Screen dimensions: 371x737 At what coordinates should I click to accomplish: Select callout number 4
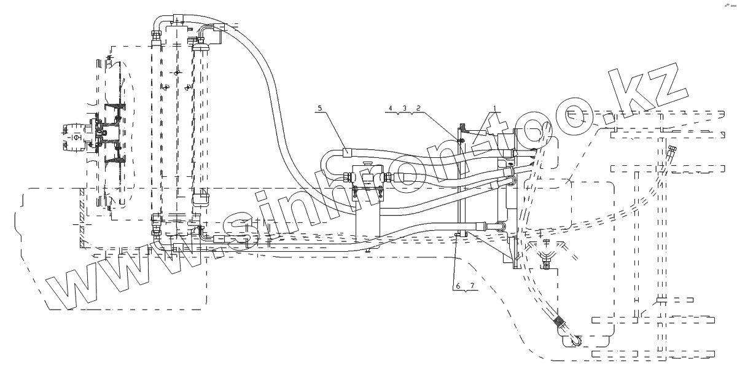pyautogui.click(x=389, y=108)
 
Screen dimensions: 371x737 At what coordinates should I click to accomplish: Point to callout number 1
pyautogui.click(x=494, y=107)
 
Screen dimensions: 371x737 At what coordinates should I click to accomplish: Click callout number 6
pyautogui.click(x=457, y=286)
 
